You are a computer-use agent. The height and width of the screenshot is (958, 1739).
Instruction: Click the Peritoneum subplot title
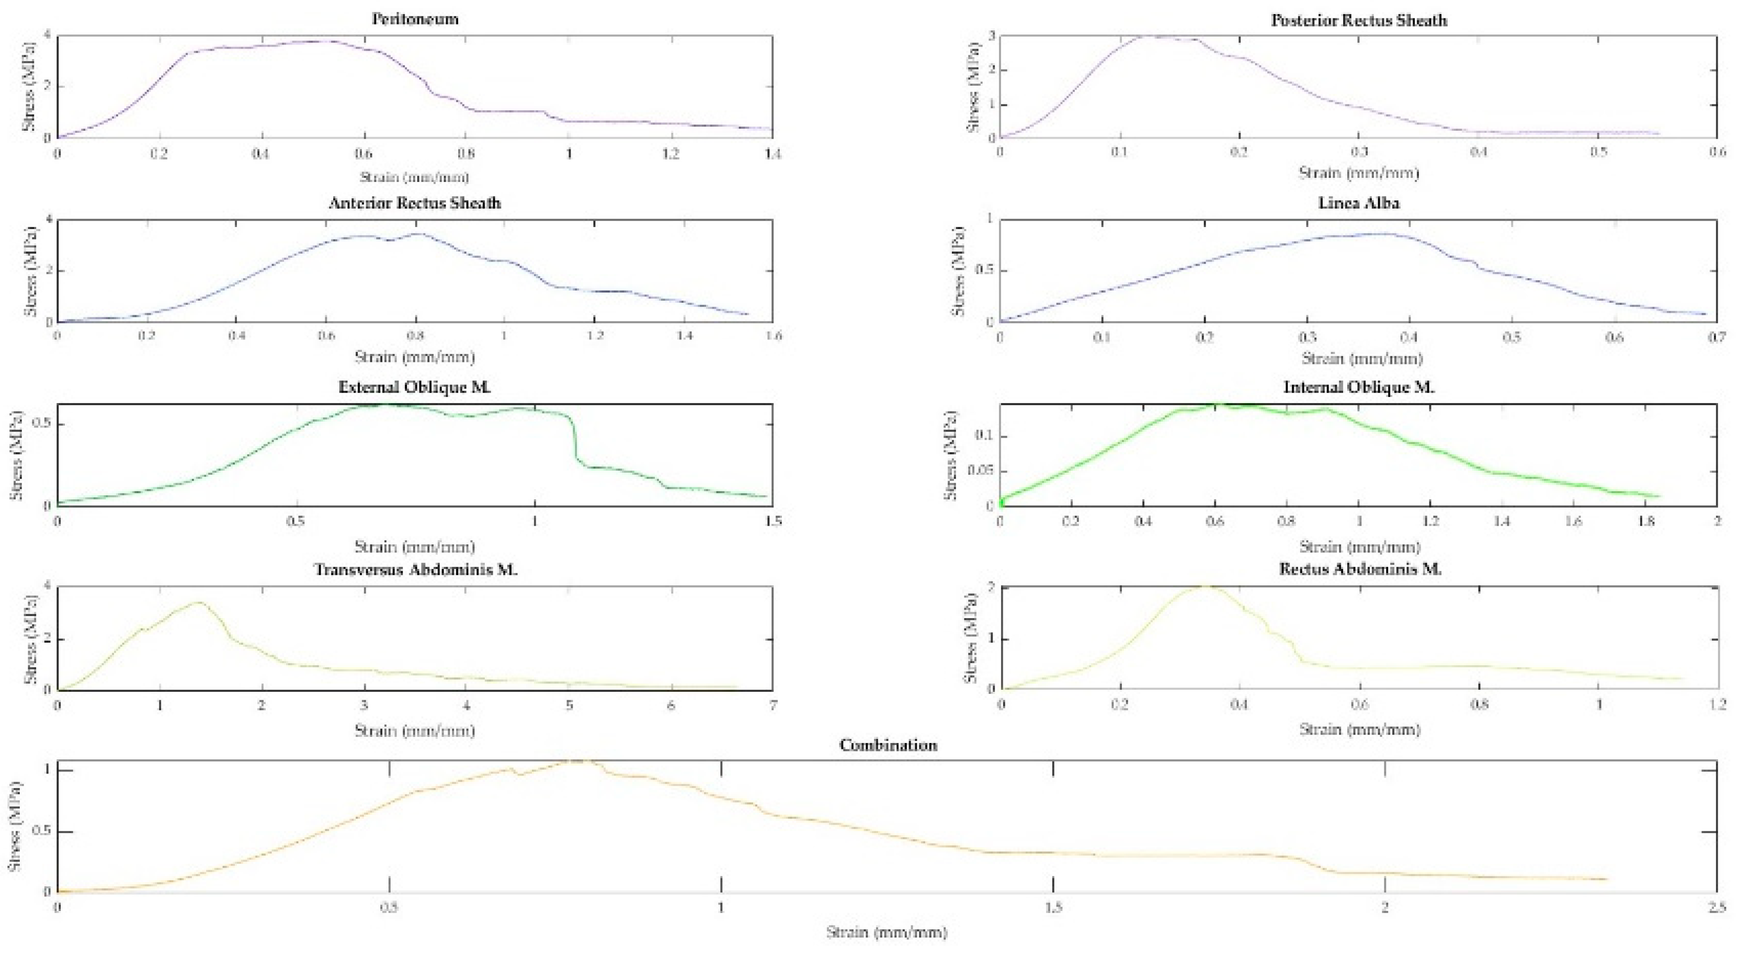[x=415, y=19]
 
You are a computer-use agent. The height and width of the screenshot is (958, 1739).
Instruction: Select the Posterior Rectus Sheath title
[x=1359, y=20]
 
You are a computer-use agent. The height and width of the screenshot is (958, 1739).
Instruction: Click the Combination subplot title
[x=888, y=745]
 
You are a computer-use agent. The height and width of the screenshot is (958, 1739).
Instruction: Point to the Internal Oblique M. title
[x=1359, y=387]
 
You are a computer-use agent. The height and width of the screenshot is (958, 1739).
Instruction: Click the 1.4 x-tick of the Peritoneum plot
[x=771, y=154]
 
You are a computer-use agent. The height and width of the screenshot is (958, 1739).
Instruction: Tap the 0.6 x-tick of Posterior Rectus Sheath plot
[x=1717, y=152]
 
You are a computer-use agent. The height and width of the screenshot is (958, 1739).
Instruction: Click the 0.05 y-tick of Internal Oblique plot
[x=980, y=471]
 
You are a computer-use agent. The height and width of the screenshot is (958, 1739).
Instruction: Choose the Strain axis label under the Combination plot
[x=886, y=932]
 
